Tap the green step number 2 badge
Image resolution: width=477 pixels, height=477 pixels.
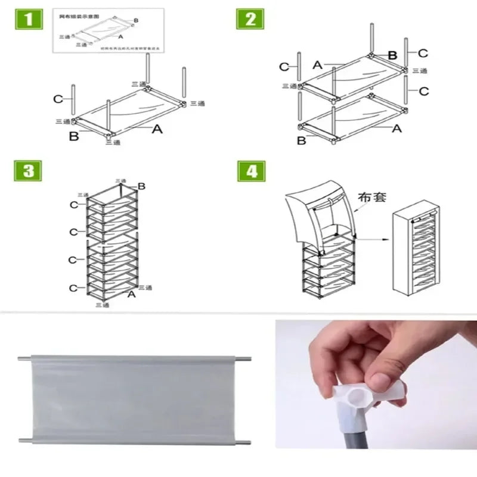click(250, 19)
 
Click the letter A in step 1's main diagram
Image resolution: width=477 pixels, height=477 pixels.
click(157, 128)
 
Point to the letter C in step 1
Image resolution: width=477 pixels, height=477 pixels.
click(58, 98)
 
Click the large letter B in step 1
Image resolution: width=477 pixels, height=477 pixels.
click(73, 137)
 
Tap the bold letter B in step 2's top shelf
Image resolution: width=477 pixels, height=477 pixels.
click(392, 55)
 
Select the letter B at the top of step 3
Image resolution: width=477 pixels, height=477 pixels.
click(141, 187)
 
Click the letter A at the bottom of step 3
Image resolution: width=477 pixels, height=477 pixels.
click(132, 294)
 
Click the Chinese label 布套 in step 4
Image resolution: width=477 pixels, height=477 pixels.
click(373, 197)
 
